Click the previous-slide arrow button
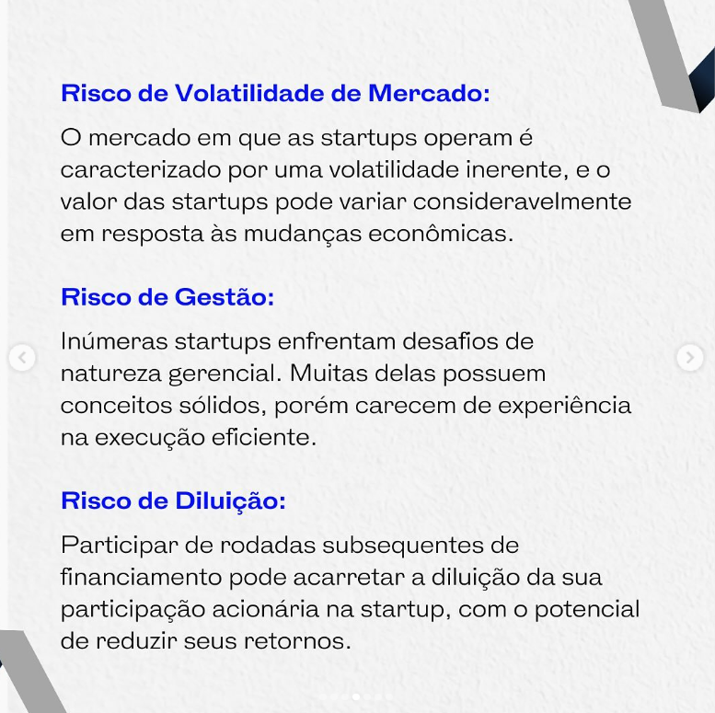(x=21, y=358)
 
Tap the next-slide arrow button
(x=690, y=358)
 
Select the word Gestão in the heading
(x=225, y=297)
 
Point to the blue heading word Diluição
(x=230, y=501)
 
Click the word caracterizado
(x=141, y=170)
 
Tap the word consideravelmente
(x=523, y=202)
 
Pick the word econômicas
(x=441, y=234)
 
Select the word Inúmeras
(x=114, y=341)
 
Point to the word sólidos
(x=223, y=406)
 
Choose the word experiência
(x=564, y=406)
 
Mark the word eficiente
(x=263, y=438)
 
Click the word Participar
(x=120, y=546)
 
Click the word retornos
(x=298, y=641)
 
